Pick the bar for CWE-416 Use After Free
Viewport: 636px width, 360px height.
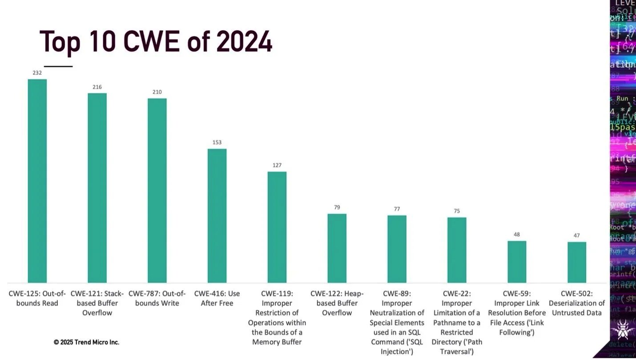click(217, 216)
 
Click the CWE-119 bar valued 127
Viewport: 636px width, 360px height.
click(277, 227)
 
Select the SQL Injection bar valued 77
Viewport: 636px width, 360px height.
click(397, 249)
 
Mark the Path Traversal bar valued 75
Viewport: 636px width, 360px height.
click(457, 250)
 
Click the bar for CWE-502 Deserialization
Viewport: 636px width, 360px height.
click(577, 262)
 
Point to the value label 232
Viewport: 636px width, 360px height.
click(37, 73)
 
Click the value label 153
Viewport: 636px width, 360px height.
click(217, 142)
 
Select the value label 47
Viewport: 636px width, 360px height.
click(577, 235)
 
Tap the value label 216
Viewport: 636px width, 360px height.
click(97, 87)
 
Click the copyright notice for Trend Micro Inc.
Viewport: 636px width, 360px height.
click(86, 342)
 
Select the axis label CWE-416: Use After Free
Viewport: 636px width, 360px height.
click(217, 298)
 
